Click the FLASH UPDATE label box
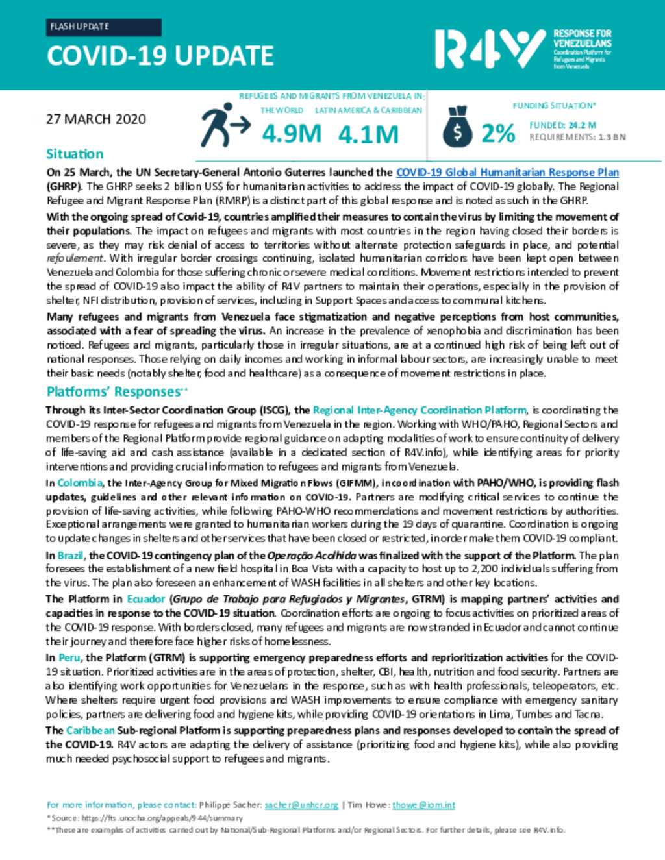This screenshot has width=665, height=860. pyautogui.click(x=104, y=27)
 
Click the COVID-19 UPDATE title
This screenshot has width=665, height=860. pyautogui.click(x=160, y=56)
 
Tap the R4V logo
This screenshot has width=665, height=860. pyautogui.click(x=490, y=49)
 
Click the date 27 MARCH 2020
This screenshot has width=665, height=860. pyautogui.click(x=96, y=119)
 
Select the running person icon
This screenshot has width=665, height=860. pyautogui.click(x=224, y=125)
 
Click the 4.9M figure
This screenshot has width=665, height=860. pyautogui.click(x=292, y=134)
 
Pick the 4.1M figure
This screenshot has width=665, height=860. pyautogui.click(x=368, y=134)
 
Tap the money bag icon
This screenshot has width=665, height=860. pyautogui.click(x=458, y=127)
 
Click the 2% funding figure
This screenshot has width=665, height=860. pyautogui.click(x=498, y=133)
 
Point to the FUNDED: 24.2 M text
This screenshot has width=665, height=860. pyautogui.click(x=562, y=125)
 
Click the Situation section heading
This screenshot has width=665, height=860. pyautogui.click(x=75, y=154)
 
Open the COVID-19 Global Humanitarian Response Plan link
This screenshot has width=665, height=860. pyautogui.click(x=507, y=172)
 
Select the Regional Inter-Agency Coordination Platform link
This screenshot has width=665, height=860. pyautogui.click(x=420, y=410)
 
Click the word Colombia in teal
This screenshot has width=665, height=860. pyautogui.click(x=80, y=482)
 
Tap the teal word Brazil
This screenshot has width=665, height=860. pyautogui.click(x=71, y=555)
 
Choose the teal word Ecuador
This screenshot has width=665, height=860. pyautogui.click(x=146, y=598)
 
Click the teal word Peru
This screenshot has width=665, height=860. pyautogui.click(x=69, y=657)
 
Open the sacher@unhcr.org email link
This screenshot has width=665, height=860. pyautogui.click(x=301, y=805)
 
